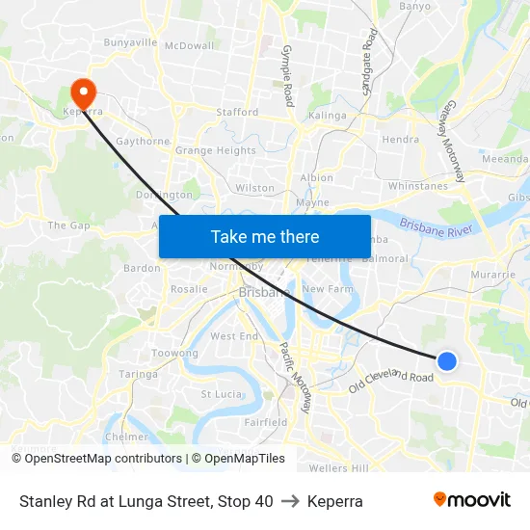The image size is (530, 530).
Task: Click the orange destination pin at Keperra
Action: (84, 92)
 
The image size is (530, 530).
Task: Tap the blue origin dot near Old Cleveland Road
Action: (446, 360)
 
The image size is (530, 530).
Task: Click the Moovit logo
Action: (471, 499)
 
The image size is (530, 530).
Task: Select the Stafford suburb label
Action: (237, 112)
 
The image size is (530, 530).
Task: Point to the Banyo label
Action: (414, 6)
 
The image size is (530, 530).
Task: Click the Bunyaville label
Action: (130, 42)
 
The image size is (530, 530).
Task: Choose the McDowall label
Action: (190, 45)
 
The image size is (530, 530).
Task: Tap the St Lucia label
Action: (220, 393)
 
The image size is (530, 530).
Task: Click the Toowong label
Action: (175, 354)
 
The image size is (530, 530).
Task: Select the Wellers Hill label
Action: (339, 468)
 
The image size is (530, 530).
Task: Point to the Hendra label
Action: (400, 139)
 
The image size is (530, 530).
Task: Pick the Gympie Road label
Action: (286, 74)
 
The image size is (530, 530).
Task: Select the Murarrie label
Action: (493, 275)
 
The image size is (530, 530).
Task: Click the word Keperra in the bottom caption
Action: (335, 501)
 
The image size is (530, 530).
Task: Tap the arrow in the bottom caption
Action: (290, 501)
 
